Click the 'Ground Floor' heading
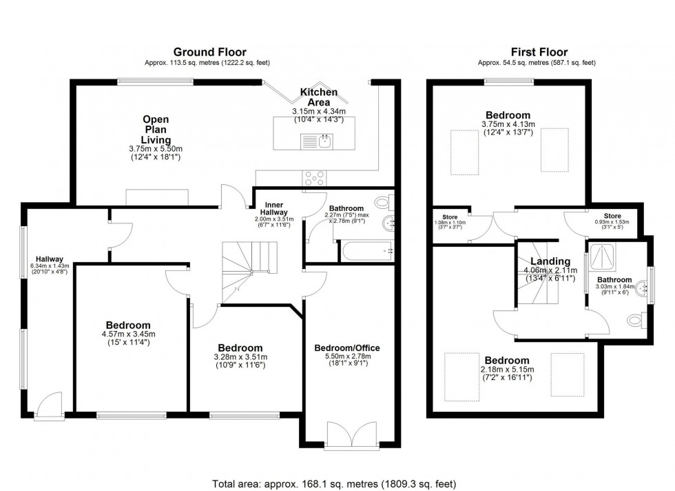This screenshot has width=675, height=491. (x=209, y=52)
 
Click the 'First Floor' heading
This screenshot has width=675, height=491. (x=539, y=52)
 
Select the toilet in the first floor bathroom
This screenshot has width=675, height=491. (x=636, y=320)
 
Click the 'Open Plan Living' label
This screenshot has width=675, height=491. (x=156, y=130)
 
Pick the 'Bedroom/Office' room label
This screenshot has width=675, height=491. (x=347, y=348)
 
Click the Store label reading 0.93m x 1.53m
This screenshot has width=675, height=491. (x=612, y=219)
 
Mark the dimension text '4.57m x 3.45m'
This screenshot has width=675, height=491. (x=128, y=334)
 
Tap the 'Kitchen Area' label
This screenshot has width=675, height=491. (x=318, y=97)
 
